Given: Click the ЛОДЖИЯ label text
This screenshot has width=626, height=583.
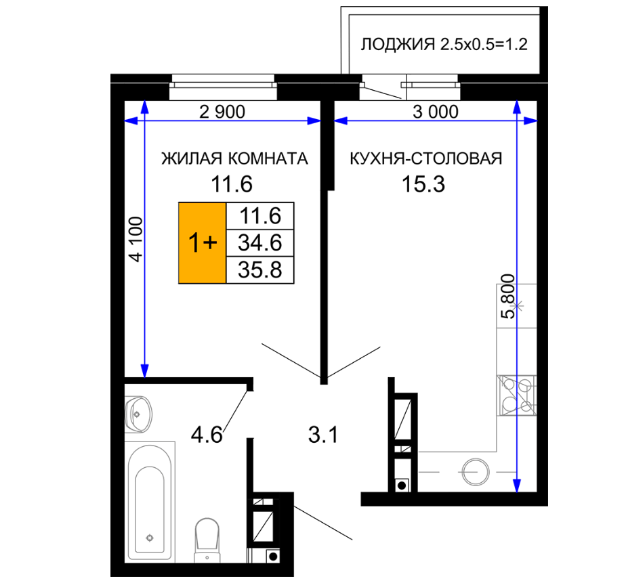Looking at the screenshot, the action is click(x=398, y=44).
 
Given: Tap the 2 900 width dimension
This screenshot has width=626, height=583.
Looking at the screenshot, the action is click(x=222, y=112).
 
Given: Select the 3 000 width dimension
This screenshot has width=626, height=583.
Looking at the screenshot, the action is click(x=436, y=112).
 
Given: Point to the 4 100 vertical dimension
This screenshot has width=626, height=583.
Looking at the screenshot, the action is click(x=135, y=239).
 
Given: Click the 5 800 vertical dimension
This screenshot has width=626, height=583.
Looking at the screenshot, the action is click(x=508, y=296).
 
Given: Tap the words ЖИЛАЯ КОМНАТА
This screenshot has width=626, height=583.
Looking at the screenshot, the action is click(x=234, y=158).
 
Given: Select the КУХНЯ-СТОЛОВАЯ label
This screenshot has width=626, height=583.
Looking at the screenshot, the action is click(x=426, y=158).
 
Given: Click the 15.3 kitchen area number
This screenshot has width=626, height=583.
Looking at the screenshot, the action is click(x=423, y=184).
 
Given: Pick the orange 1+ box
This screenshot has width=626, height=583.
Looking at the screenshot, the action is click(x=203, y=243).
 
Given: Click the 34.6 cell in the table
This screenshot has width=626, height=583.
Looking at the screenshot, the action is click(x=260, y=242).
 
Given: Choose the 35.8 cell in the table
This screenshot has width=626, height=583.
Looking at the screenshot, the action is click(x=260, y=269).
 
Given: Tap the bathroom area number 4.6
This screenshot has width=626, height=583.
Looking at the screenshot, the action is click(x=207, y=435).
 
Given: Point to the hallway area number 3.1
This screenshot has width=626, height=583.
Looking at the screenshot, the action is click(x=323, y=435).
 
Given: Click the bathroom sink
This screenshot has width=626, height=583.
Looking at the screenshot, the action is click(x=138, y=414).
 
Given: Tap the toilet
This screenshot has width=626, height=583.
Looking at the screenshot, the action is click(x=207, y=540).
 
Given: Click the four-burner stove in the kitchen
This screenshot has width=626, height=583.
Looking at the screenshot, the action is click(x=516, y=395).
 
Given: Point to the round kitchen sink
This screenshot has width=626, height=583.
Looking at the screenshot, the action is click(x=476, y=472).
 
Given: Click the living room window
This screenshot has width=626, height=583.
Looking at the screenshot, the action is click(x=223, y=87).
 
